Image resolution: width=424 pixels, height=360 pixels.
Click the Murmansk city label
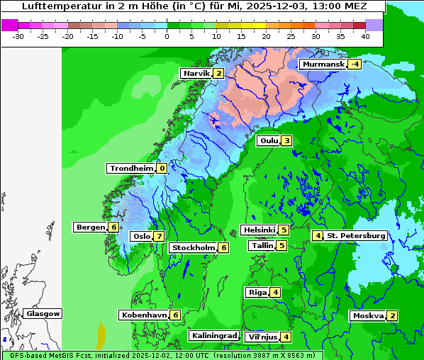pos(323,64)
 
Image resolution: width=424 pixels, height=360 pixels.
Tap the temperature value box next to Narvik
pos(219,74)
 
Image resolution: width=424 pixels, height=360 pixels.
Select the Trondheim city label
pos(131,169)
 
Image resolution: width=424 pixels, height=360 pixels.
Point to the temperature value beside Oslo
pos(160,237)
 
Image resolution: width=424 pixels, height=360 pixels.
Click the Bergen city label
pos(91,227)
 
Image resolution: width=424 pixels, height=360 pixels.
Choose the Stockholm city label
pos(193,248)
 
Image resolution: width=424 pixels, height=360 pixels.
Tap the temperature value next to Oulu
pos(286,140)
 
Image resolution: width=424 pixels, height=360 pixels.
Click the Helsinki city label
pos(259,230)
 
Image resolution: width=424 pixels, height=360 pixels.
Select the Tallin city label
pos(262,246)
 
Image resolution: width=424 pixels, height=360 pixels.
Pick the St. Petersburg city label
pos(356,236)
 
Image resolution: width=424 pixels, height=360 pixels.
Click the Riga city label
pos(257,293)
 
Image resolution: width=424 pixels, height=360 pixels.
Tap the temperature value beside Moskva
pos(392,316)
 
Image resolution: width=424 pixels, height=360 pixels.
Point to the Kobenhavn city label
pos(144,315)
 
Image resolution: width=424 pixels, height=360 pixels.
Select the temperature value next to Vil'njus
pos(286,337)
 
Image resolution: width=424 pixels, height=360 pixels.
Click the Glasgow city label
pos(43,314)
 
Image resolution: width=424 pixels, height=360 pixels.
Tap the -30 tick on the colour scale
pos(18,36)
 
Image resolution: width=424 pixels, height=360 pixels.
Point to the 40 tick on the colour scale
pos(365,36)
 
